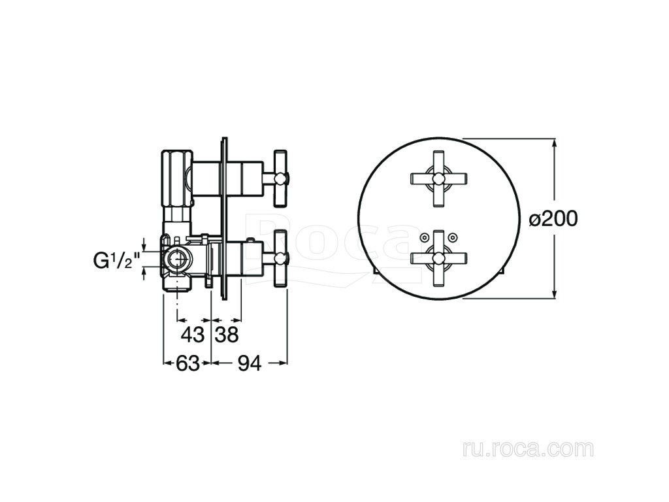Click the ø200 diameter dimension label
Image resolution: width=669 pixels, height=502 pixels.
[553, 218]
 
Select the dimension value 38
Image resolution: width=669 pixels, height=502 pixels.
[226, 335]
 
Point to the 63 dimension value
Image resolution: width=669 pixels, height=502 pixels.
[188, 364]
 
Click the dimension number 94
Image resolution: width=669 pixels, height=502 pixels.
[248, 364]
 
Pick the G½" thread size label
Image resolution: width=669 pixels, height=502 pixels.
[117, 261]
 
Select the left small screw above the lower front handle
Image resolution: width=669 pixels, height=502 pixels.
[424, 237]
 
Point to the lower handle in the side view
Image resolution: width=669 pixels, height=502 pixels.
[280, 257]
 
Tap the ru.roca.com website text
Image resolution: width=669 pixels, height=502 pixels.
[527, 449]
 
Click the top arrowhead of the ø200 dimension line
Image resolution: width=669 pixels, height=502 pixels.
[554, 143]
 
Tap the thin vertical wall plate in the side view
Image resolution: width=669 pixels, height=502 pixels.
[225, 219]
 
